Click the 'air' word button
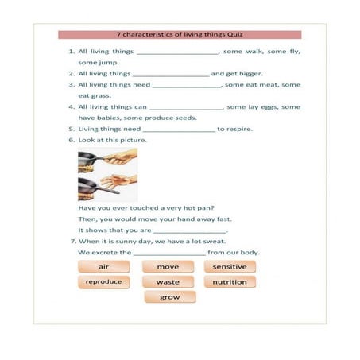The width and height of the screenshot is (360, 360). [x=103, y=266]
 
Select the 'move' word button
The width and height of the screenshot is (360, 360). [x=168, y=266]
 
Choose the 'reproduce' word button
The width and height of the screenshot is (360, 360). [x=103, y=282]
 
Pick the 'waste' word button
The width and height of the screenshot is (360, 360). [x=168, y=282]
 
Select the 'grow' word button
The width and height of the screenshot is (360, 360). [x=170, y=297]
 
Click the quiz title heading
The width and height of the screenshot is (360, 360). [x=180, y=35]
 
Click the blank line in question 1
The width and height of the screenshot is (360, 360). [x=178, y=52]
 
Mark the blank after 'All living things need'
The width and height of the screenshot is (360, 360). [x=187, y=85]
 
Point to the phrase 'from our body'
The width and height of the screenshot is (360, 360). [x=234, y=253]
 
